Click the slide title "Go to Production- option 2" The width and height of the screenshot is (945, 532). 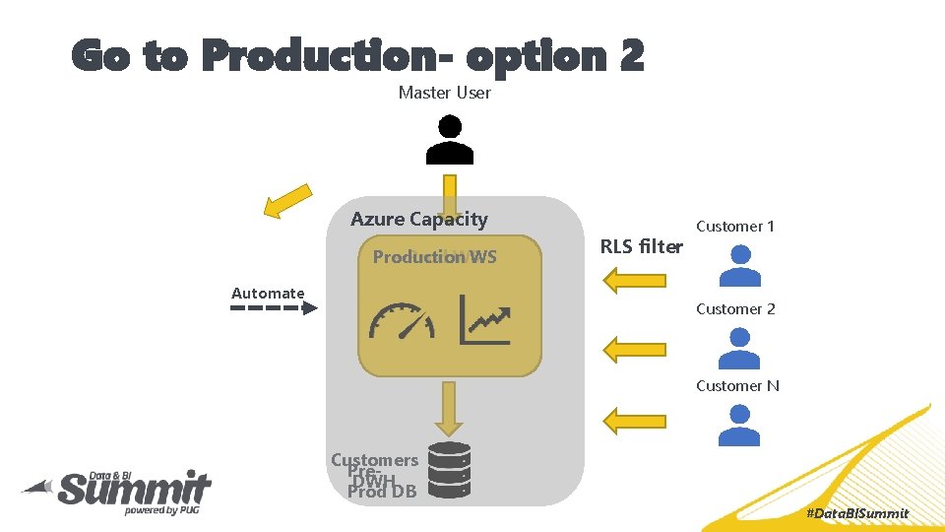click(357, 56)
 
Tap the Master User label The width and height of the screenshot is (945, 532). click(444, 93)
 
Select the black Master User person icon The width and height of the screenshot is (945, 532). click(450, 139)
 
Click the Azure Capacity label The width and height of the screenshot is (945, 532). click(418, 219)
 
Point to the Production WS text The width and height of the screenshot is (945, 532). click(434, 257)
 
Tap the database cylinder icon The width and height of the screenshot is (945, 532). click(450, 469)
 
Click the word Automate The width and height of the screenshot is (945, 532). click(268, 293)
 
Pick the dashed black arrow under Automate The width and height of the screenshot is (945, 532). click(274, 308)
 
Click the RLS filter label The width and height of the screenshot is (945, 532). click(641, 246)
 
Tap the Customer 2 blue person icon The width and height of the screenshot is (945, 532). click(739, 347)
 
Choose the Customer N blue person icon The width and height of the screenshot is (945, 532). click(739, 425)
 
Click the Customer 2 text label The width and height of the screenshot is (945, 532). click(735, 308)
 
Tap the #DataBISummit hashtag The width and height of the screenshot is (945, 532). click(856, 513)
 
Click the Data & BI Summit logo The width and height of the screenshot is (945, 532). click(118, 490)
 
